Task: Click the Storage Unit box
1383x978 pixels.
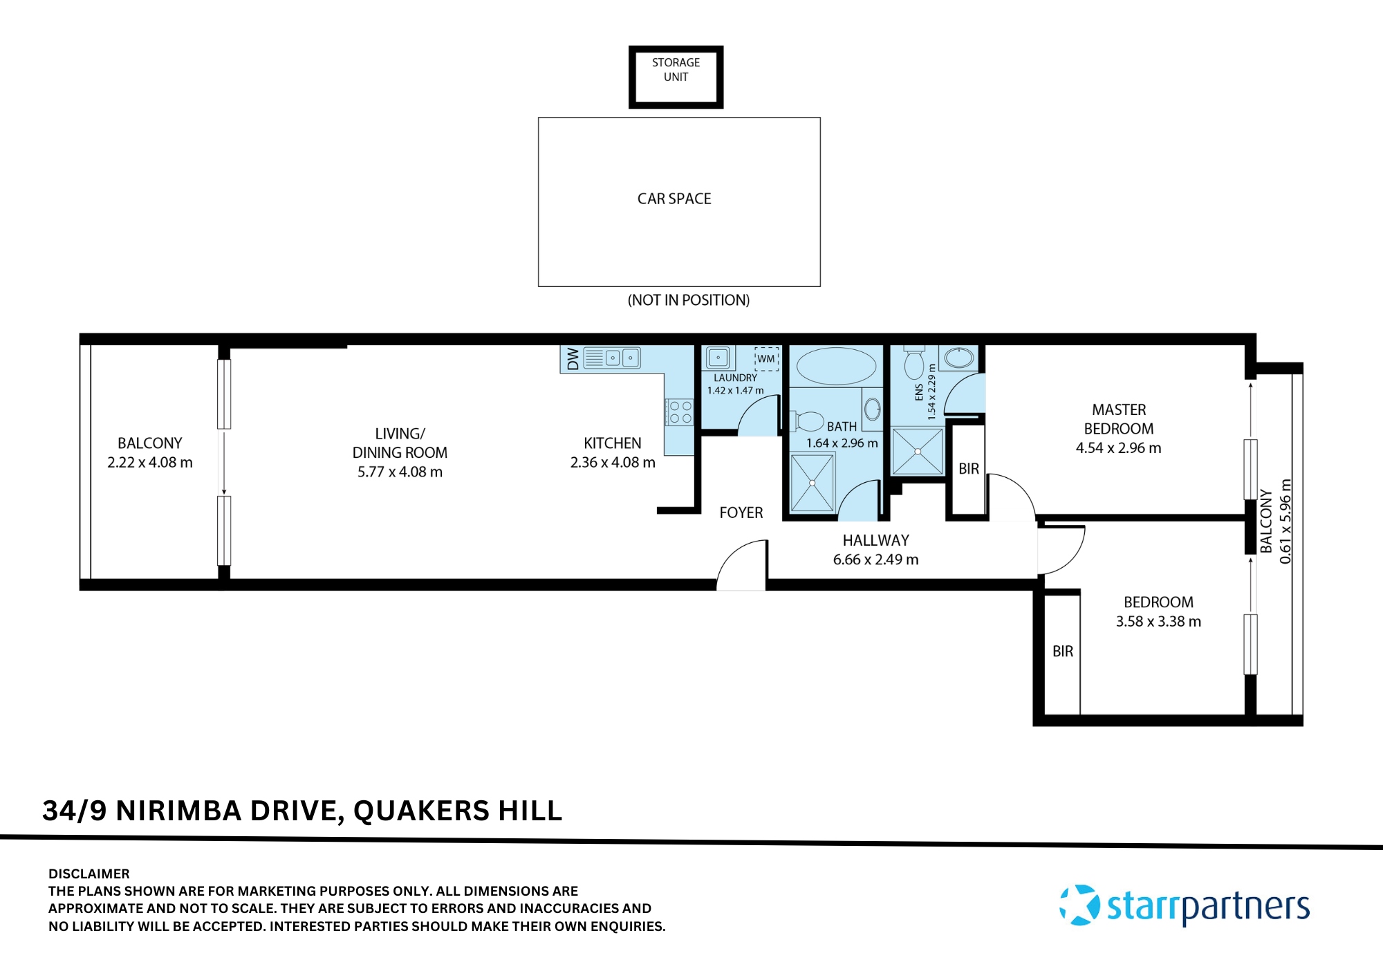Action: click(x=676, y=77)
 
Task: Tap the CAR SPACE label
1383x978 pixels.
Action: click(x=674, y=199)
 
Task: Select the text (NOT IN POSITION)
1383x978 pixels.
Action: click(x=688, y=300)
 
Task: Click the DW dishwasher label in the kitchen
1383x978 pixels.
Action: click(x=573, y=359)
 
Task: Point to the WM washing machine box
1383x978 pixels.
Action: click(x=766, y=359)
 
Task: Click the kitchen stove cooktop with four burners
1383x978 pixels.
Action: click(x=680, y=412)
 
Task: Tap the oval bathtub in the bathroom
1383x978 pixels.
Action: click(x=836, y=366)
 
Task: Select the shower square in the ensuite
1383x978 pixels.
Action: click(x=918, y=452)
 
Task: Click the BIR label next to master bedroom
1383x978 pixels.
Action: click(x=969, y=469)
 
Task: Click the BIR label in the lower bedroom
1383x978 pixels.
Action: click(x=1063, y=652)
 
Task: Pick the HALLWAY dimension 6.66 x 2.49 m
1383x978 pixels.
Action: click(x=875, y=560)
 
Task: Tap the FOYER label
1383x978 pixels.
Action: click(x=741, y=513)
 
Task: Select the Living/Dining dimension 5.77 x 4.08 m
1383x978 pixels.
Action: click(x=400, y=472)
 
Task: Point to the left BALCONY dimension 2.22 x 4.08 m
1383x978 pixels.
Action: click(x=150, y=463)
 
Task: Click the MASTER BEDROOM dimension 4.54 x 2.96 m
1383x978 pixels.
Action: click(x=1118, y=448)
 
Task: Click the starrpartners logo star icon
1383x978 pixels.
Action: click(x=1079, y=905)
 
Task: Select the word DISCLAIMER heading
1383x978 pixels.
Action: click(x=89, y=874)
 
